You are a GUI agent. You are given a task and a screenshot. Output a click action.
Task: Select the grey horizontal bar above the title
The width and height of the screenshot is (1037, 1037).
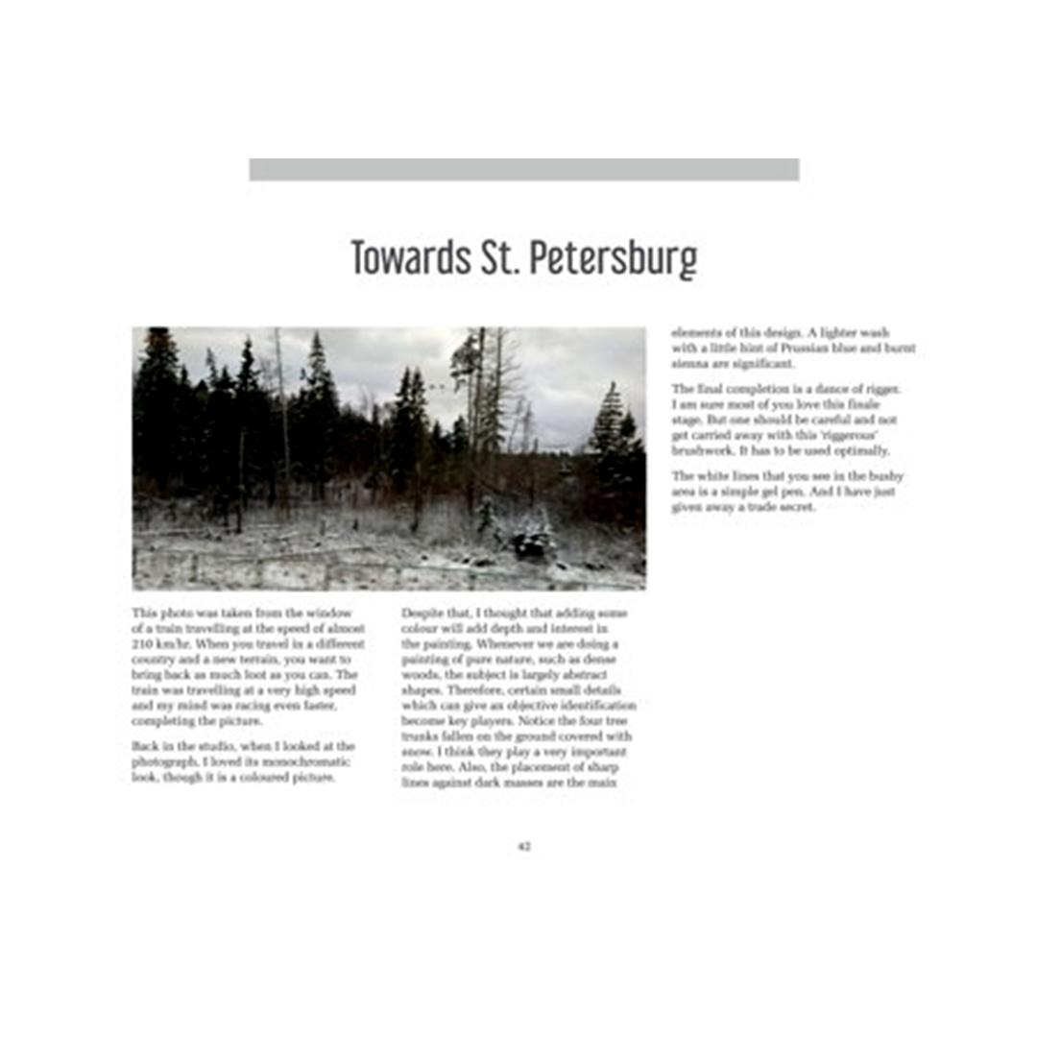point(523,170)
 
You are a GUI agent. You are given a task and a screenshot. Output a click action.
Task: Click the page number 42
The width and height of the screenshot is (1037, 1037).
point(524,846)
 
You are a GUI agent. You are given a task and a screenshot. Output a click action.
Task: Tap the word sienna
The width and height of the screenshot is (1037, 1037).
point(688,364)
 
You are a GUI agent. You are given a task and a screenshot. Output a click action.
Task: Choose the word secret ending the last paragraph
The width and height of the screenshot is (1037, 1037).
point(795,507)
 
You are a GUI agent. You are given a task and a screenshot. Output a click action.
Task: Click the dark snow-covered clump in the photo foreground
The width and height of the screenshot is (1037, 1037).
point(531,543)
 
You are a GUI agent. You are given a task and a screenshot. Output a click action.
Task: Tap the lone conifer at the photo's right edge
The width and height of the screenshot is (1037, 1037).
point(611,422)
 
